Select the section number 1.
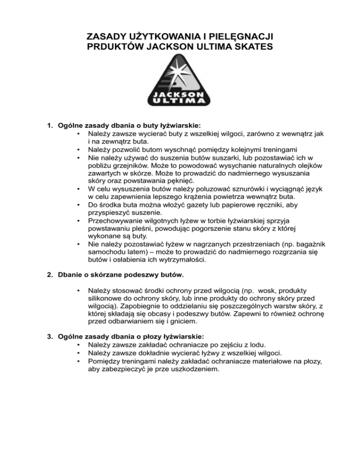pos(49,126)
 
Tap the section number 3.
pos(49,336)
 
